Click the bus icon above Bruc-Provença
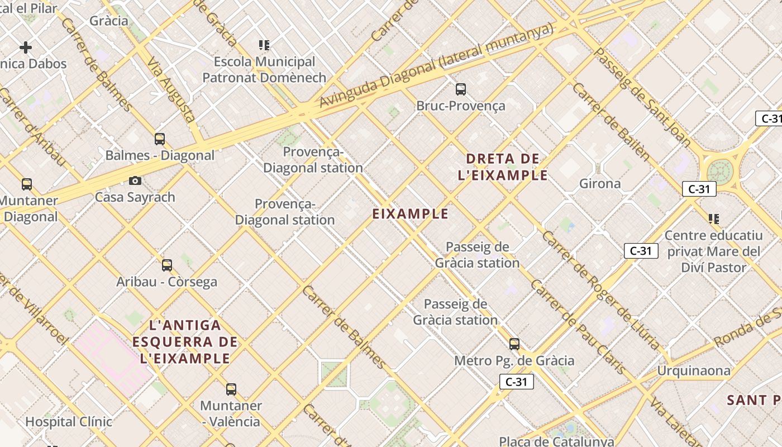point(461,89)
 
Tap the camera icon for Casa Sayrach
point(135,180)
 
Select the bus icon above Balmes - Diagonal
point(160,139)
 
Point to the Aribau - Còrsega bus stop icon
point(167,265)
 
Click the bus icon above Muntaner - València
point(231,389)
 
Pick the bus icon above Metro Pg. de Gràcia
point(514,344)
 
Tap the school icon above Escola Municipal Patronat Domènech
point(264,45)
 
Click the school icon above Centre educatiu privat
point(713,218)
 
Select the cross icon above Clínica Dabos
point(26,47)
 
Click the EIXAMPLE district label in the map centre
point(411,213)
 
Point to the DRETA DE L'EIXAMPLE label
point(503,167)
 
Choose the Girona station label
point(600,183)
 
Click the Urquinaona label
point(694,370)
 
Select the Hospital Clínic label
point(69,421)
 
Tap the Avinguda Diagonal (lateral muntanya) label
point(436,65)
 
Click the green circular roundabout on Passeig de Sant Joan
point(720,172)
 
